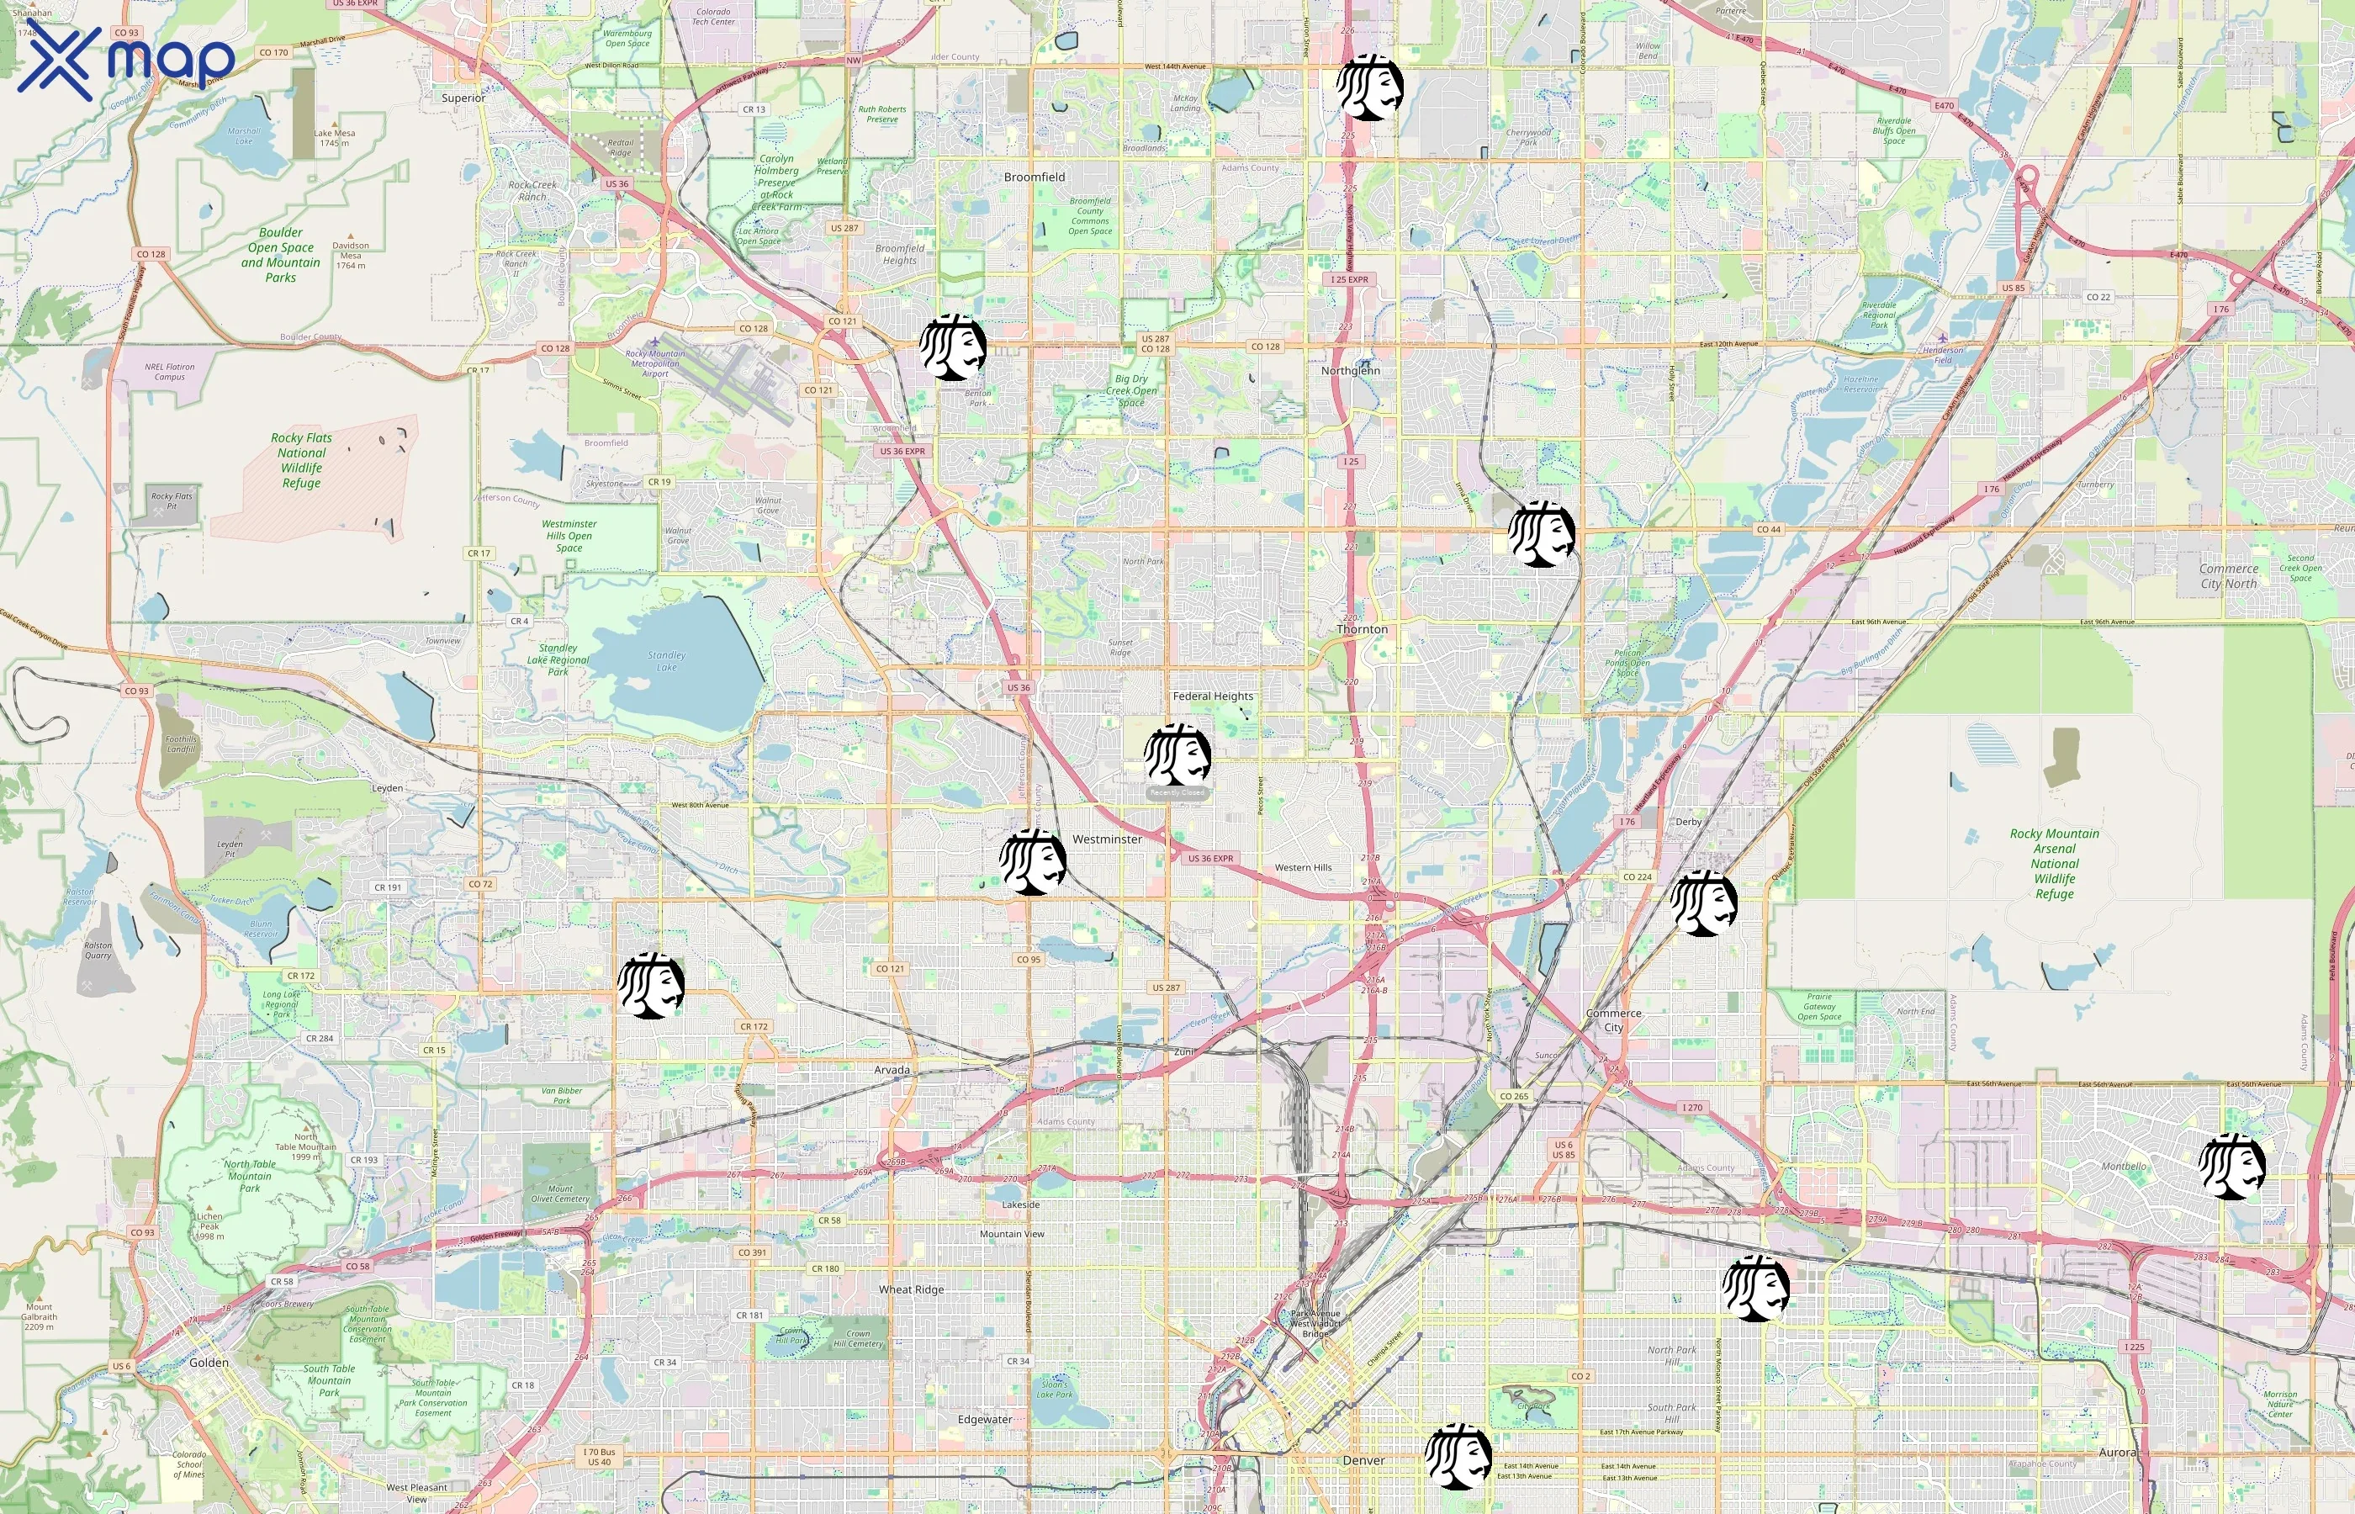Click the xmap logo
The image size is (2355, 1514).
[126, 59]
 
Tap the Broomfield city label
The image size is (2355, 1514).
[1034, 177]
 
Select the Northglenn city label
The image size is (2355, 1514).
[1350, 371]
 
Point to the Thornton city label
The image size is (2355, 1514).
[1363, 629]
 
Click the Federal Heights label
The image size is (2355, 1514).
[1213, 696]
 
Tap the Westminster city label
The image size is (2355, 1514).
[1107, 839]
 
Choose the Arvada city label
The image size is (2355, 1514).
[892, 1070]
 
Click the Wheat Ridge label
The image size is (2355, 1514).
[911, 1290]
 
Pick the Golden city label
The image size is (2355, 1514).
[209, 1363]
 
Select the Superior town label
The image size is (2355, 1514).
[463, 98]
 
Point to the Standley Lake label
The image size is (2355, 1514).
[666, 660]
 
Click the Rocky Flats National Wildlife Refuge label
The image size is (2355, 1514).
[302, 460]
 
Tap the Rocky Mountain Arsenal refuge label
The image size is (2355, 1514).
[2054, 863]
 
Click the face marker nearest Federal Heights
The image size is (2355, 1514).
[1177, 756]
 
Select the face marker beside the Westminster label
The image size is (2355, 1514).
[1033, 862]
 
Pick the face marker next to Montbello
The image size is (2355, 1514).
[2232, 1166]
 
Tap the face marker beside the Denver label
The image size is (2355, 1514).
[1458, 1456]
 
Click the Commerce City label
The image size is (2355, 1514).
[1613, 1020]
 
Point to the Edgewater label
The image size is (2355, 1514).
[985, 1420]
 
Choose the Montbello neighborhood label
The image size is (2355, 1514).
[2124, 1167]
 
